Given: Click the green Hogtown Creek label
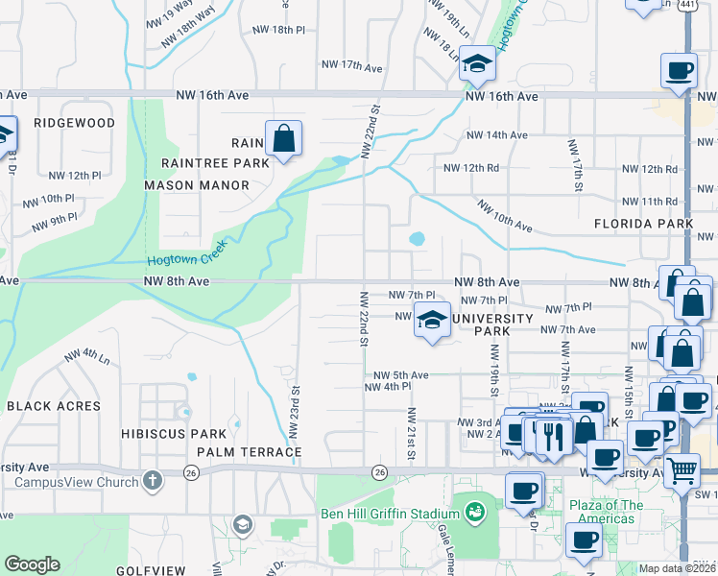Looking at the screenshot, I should [185, 259].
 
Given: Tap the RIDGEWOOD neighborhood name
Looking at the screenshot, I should [74, 123].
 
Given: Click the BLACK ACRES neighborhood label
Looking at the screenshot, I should [53, 406].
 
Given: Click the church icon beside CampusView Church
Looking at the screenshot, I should [151, 480].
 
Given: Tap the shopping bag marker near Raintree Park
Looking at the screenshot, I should [284, 139].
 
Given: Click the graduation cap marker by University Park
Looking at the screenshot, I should [432, 320].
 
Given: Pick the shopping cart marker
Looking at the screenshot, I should [682, 470].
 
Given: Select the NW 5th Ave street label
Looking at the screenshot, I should [400, 374].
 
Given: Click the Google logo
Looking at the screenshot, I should [32, 564].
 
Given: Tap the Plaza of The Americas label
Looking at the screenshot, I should [606, 512].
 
